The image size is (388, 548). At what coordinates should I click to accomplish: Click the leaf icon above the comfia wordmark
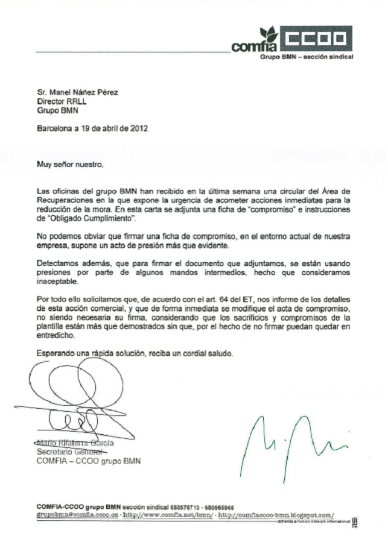[x=268, y=34]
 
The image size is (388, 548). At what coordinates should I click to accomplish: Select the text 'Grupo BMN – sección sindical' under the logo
[x=307, y=57]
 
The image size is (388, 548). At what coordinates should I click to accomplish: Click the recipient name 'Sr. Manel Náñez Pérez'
[x=78, y=93]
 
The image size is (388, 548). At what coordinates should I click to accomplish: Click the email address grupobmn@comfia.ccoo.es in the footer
[x=74, y=515]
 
